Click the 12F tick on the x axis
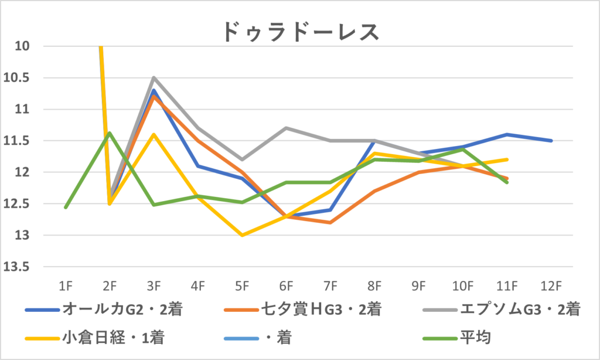point(551,286)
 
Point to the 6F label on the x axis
point(286,286)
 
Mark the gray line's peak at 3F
point(154,77)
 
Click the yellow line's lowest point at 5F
point(242,235)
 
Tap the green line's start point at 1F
point(65,208)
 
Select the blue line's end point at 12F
point(551,141)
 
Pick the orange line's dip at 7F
point(330,223)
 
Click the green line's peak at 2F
point(110,133)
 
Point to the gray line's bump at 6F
point(286,128)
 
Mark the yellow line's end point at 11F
point(507,159)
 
